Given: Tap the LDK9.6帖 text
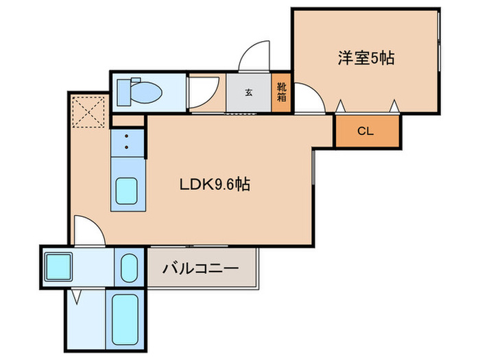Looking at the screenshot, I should (214, 184).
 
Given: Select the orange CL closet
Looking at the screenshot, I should (365, 131).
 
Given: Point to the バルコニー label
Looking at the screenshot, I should (200, 268).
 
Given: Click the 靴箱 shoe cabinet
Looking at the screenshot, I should (282, 92).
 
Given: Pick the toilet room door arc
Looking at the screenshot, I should (201, 93).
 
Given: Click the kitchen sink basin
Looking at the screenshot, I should (126, 191).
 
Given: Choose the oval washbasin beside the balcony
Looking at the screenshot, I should (129, 267).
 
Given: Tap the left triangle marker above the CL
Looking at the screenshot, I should (341, 105).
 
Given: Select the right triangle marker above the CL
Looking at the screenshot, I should (394, 105).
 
